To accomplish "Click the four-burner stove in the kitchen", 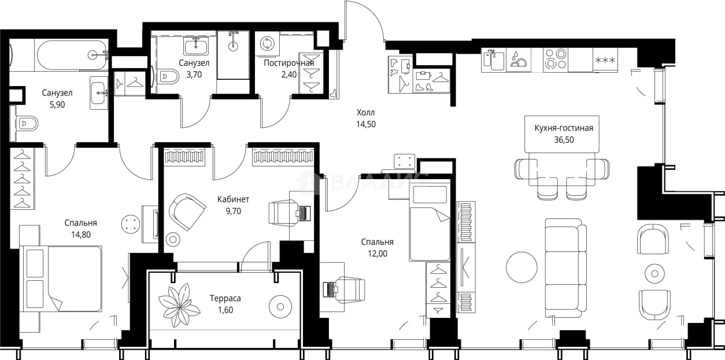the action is (x=556, y=58).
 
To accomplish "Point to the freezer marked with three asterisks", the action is (x=605, y=60).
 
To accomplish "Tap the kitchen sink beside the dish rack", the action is (x=493, y=60).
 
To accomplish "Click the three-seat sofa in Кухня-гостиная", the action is (x=566, y=268).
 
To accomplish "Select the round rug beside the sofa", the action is (x=521, y=268).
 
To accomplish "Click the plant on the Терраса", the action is (x=179, y=306).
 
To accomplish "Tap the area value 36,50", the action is (x=564, y=140).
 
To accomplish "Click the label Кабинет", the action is (x=233, y=199).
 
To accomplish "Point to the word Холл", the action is (x=366, y=113).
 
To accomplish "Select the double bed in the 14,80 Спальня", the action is (x=61, y=279).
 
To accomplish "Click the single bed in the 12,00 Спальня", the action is (x=430, y=222).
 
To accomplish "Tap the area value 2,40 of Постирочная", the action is (x=288, y=75).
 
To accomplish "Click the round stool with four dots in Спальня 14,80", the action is (x=131, y=224).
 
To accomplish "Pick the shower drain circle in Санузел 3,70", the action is (x=233, y=46).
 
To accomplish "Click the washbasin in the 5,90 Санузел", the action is (x=99, y=93).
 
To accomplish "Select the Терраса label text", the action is (x=225, y=298).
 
